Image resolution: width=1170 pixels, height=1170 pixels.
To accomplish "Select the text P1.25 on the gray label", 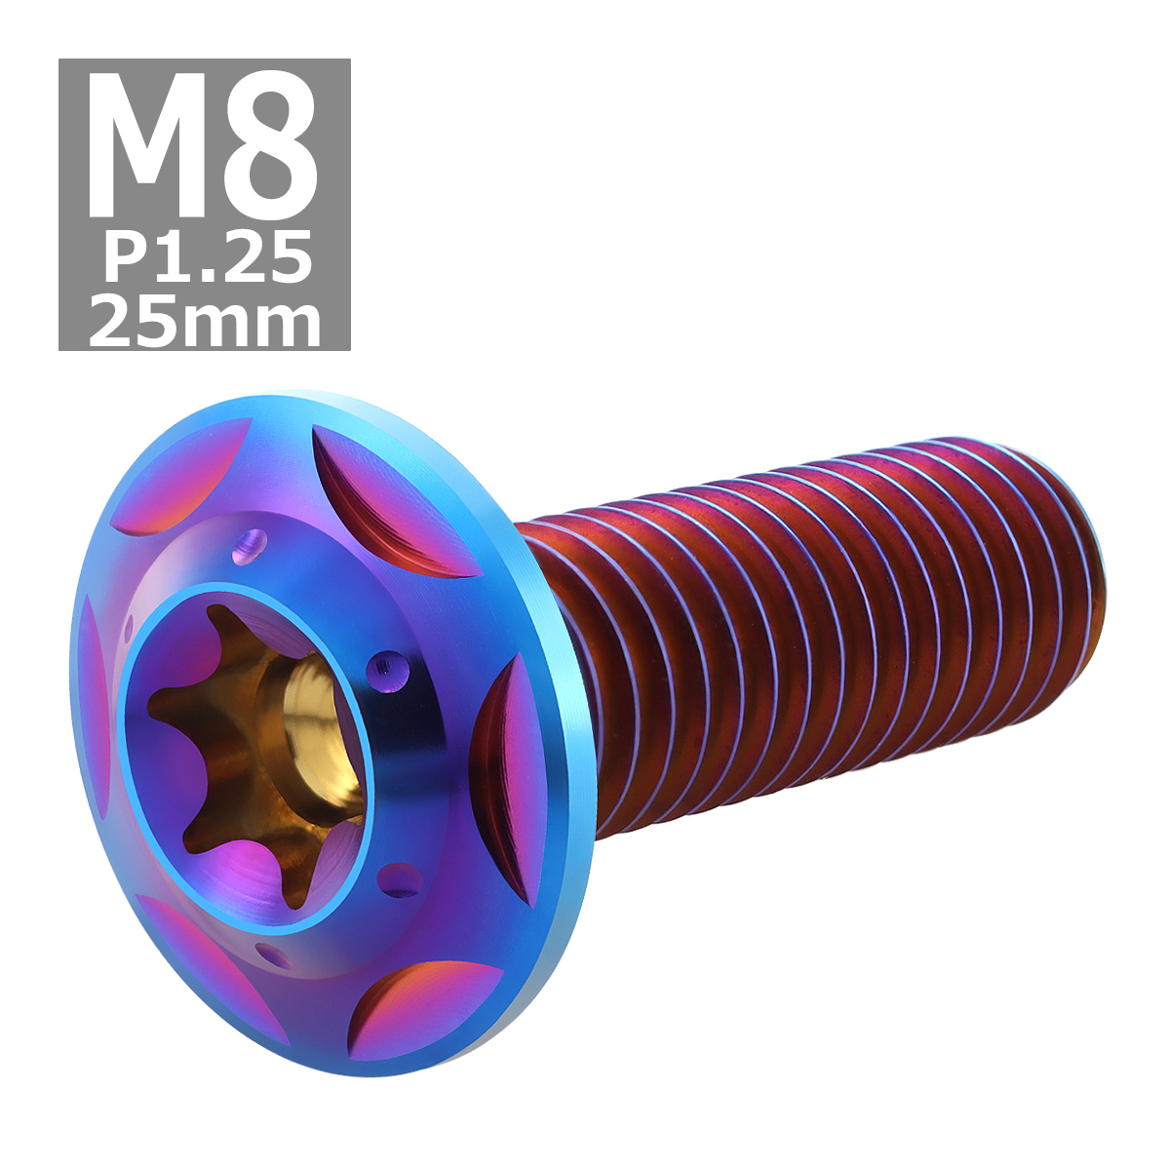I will (207, 258).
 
